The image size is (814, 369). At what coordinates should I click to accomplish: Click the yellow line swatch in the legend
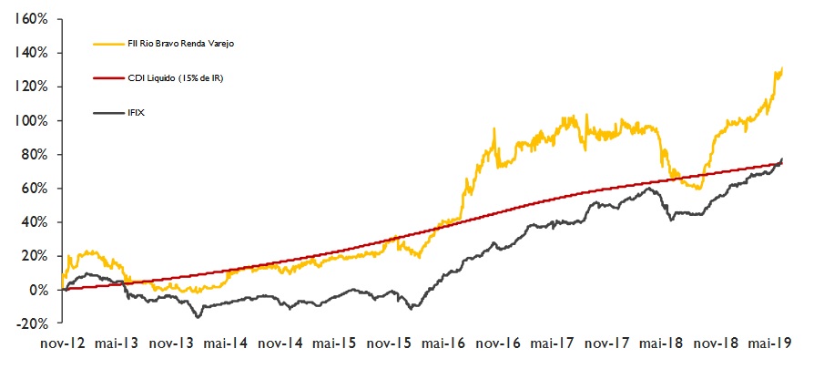click(109, 43)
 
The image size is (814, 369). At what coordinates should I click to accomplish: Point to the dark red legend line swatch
click(109, 78)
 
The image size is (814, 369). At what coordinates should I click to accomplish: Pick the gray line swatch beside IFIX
click(109, 113)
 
